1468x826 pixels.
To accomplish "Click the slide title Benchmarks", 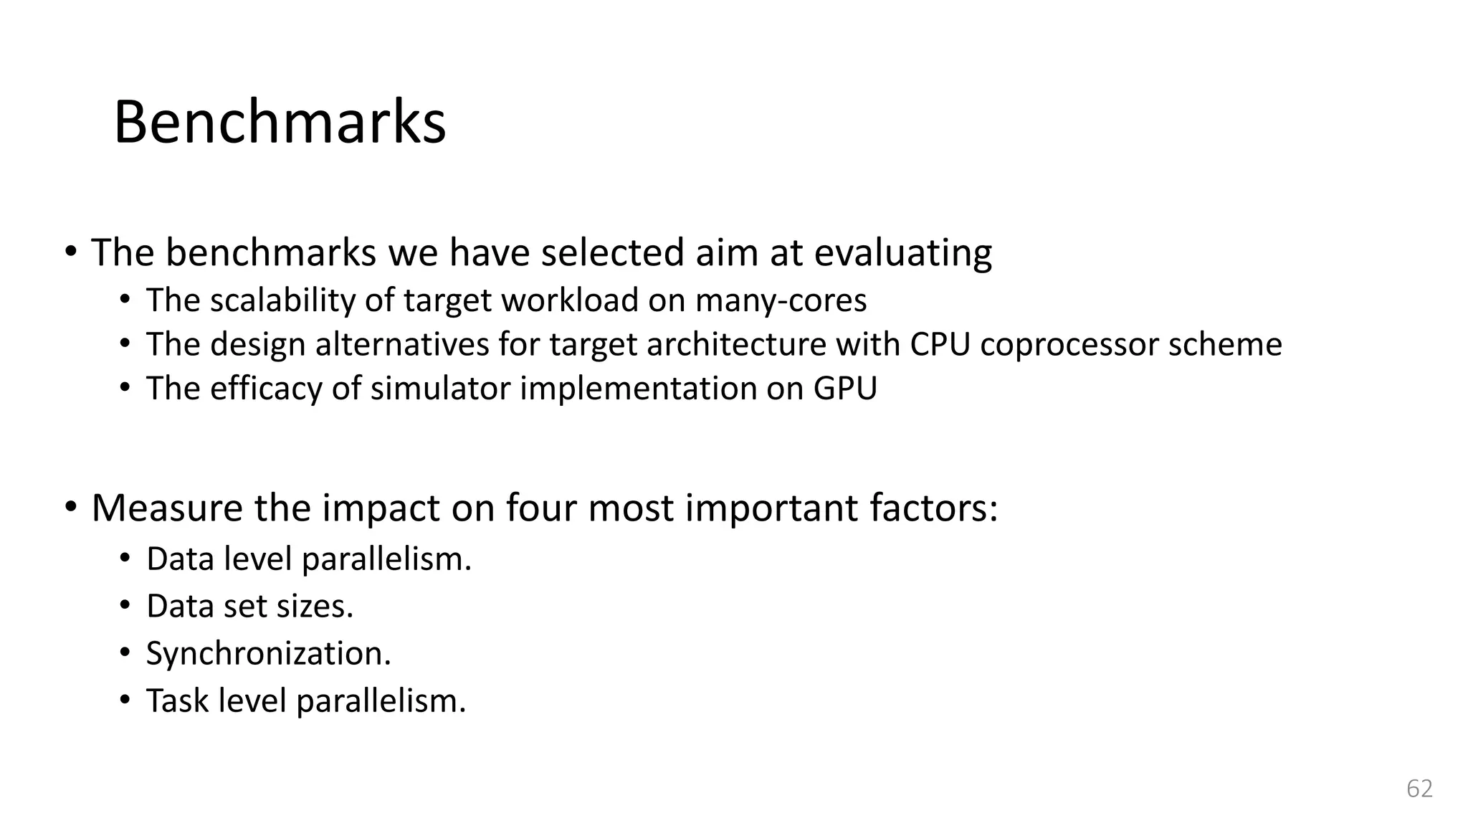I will point(280,122).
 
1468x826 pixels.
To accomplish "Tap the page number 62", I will point(1419,789).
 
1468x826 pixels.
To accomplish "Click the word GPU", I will point(845,389).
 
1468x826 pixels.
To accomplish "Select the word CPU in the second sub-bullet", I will point(940,344).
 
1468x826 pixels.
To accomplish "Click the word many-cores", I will point(781,300).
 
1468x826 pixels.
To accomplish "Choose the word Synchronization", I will point(268,653).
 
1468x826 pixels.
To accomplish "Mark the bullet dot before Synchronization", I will point(125,653).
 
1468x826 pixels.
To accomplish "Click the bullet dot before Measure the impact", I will point(70,507).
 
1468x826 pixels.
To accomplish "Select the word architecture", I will point(736,344).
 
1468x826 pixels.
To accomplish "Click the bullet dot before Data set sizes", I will point(125,606).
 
